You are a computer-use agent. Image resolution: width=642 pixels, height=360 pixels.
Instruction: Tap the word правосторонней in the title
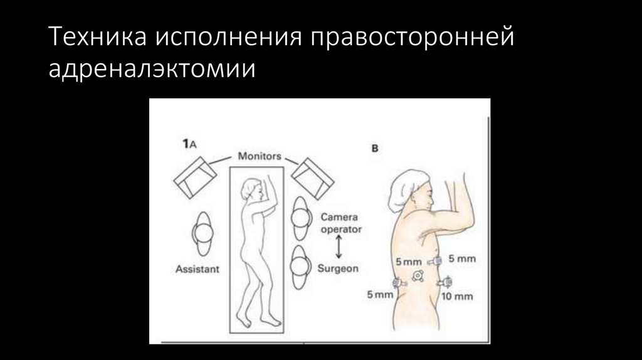pyautogui.click(x=411, y=39)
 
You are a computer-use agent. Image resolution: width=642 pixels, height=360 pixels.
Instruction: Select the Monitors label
pyautogui.click(x=259, y=156)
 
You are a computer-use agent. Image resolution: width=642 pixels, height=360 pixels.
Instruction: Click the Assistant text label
pyautogui.click(x=197, y=270)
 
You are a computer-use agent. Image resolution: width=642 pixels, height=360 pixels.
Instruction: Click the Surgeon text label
pyautogui.click(x=339, y=268)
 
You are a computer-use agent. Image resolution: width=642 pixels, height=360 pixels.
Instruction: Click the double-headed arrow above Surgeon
pyautogui.click(x=339, y=248)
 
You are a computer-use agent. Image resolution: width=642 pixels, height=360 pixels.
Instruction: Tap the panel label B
pyautogui.click(x=375, y=149)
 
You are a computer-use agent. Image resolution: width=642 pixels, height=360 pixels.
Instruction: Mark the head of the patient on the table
pyautogui.click(x=255, y=188)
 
